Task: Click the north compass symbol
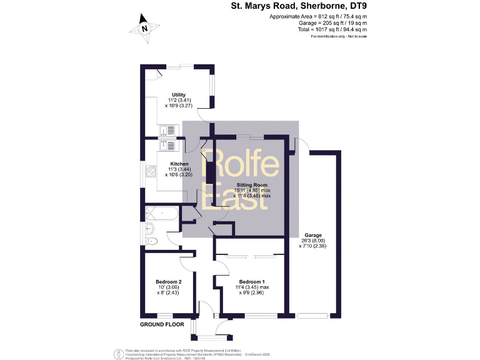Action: click(x=144, y=28)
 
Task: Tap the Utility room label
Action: click(x=179, y=95)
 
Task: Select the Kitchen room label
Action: click(x=179, y=164)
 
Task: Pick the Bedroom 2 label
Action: click(x=169, y=282)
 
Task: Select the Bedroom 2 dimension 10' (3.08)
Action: click(x=169, y=287)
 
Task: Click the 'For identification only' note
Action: click(x=338, y=37)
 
